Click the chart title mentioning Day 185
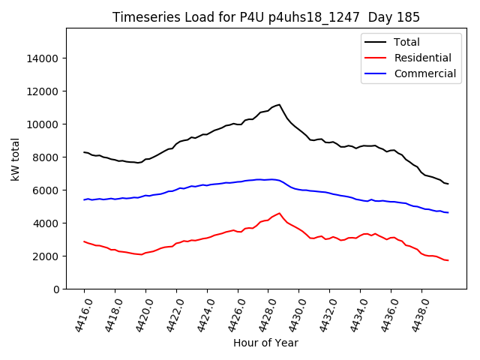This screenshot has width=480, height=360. pyautogui.click(x=266, y=17)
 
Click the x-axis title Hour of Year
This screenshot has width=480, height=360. pyautogui.click(x=265, y=343)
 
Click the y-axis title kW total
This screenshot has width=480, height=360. pyautogui.click(x=15, y=159)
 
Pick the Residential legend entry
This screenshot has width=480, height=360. pyautogui.click(x=422, y=58)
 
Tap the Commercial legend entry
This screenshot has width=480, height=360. pyautogui.click(x=424, y=73)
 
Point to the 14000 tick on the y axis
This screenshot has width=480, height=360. pyautogui.click(x=43, y=58)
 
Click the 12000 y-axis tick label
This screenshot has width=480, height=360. pyautogui.click(x=43, y=91)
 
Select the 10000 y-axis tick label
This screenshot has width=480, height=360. pyautogui.click(x=43, y=124)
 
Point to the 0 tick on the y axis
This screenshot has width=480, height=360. pyautogui.click(x=55, y=289)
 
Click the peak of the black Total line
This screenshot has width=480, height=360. pyautogui.click(x=279, y=105)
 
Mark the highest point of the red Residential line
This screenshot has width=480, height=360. pyautogui.click(x=279, y=213)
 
